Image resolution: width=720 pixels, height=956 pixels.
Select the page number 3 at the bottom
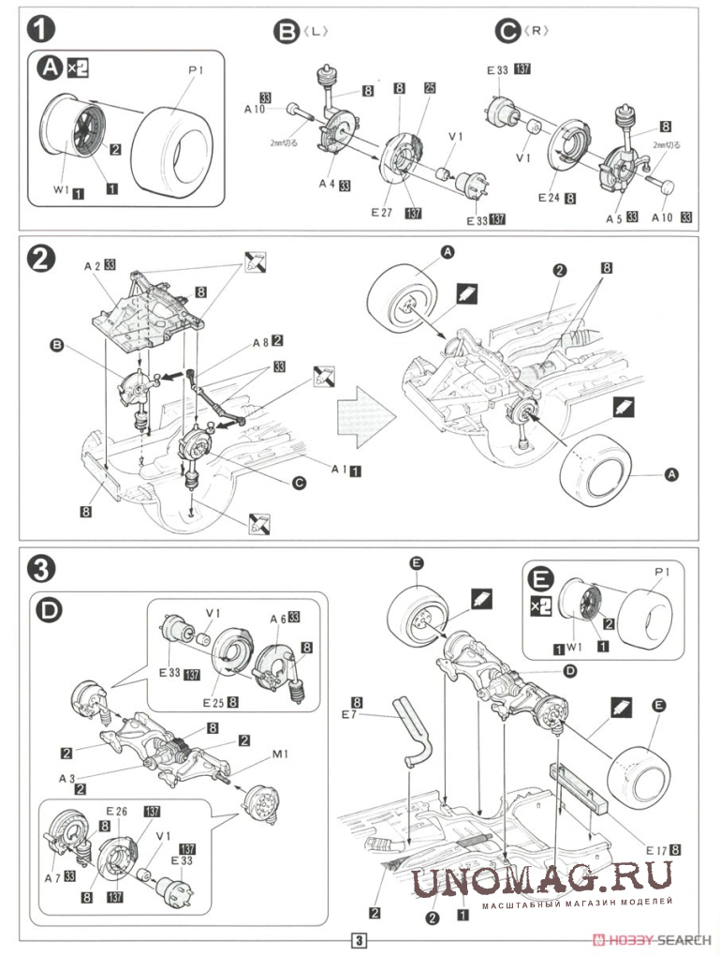click(360, 941)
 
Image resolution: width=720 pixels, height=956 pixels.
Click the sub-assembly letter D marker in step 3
click(52, 613)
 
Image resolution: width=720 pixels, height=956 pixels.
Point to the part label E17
click(654, 849)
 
